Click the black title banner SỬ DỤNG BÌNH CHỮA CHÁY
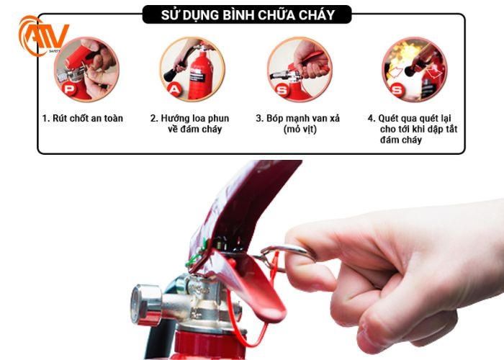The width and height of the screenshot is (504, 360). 248,14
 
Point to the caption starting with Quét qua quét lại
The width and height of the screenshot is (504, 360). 413,128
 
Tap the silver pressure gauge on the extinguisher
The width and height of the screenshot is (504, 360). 146,303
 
